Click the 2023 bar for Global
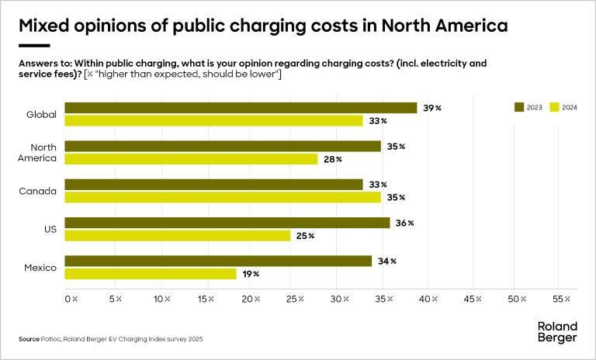[x=241, y=108]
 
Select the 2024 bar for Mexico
[x=151, y=274]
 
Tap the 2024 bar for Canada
[x=223, y=197]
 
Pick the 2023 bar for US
[x=227, y=223]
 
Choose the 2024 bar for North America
[x=191, y=159]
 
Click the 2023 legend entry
[x=528, y=107]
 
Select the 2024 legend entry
[x=563, y=107]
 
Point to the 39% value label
[x=431, y=108]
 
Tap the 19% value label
[x=250, y=274]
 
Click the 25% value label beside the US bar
[x=304, y=236]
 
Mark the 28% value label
[x=332, y=159]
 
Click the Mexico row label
[x=40, y=268]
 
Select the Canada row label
[x=40, y=191]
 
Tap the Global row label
[x=41, y=115]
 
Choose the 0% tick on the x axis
[x=71, y=299]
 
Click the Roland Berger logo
[x=557, y=332]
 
